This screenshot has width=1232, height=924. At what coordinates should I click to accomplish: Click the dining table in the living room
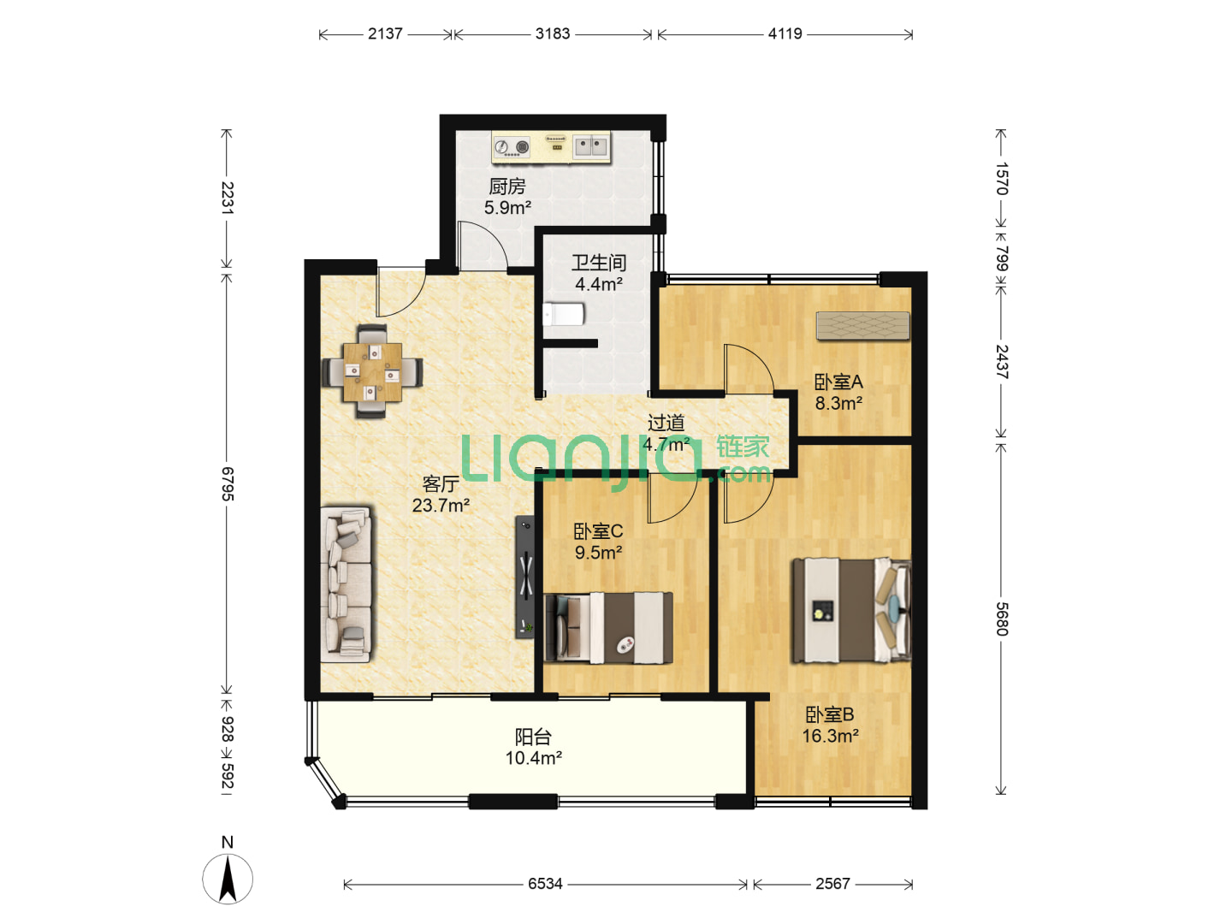coord(371,371)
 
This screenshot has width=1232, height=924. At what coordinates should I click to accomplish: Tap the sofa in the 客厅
coord(346,584)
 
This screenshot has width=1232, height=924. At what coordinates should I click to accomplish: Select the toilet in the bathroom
coord(564,314)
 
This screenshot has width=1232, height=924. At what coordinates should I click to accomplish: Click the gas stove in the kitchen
coord(512,147)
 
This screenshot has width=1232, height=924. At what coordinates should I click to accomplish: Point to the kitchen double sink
coord(591,147)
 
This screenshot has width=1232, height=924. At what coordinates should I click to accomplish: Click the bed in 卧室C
coord(608,628)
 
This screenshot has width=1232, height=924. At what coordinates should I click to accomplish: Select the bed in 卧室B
coord(851,610)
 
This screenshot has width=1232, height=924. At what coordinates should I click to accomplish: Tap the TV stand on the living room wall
coord(524,577)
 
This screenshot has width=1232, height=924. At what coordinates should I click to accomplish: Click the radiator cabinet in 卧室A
coord(862,325)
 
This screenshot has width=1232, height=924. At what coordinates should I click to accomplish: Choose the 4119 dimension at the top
coord(785,33)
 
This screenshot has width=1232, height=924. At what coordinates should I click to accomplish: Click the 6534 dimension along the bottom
coord(545,884)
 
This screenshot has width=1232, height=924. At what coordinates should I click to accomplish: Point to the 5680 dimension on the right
coord(1002,619)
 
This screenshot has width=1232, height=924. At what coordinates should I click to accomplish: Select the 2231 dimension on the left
coord(227,198)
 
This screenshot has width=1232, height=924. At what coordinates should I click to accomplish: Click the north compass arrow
coord(228,879)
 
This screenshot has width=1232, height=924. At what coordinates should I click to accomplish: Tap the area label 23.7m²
coord(441,505)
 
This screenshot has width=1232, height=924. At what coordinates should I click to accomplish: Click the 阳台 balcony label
coord(533,736)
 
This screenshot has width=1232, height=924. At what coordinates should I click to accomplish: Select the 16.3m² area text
coord(830,736)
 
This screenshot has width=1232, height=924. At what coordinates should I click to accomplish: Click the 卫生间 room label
coord(599,263)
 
